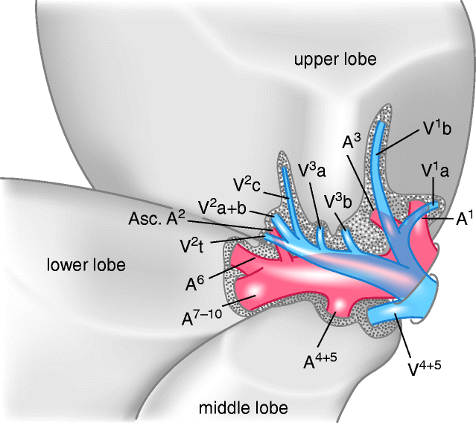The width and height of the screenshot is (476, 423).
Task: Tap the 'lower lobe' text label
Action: point(86,264)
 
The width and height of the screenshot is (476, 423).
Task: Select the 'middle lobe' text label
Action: point(243,407)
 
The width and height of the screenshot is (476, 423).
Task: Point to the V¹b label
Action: point(439,128)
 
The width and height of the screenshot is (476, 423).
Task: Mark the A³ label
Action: point(352,141)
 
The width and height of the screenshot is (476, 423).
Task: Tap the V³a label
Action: point(311,169)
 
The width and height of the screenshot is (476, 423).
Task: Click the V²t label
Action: point(194,243)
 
